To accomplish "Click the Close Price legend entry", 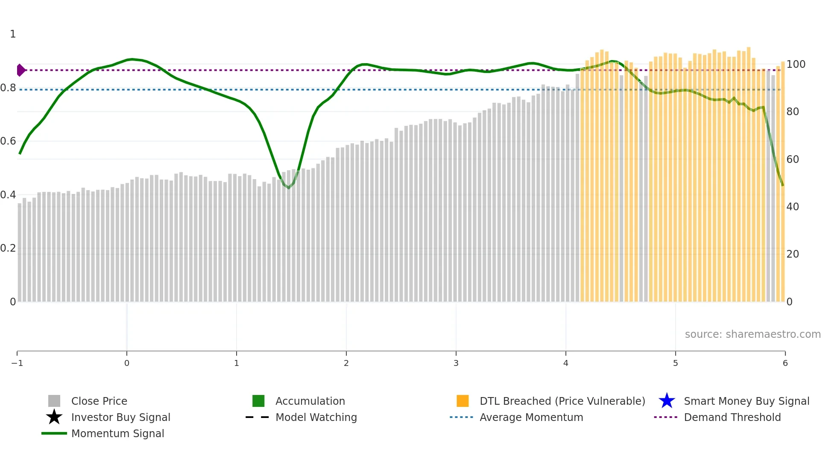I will pyautogui.click(x=99, y=401).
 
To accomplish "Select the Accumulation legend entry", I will pyautogui.click(x=310, y=401).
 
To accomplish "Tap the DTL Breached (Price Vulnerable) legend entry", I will pyautogui.click(x=562, y=401).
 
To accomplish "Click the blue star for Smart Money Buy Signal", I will pyautogui.click(x=667, y=401).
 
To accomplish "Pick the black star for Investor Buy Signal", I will pyautogui.click(x=54, y=417).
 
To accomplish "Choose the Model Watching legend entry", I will pyautogui.click(x=316, y=417).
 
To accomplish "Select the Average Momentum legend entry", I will pyautogui.click(x=531, y=417).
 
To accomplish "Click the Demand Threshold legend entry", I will pyautogui.click(x=732, y=417).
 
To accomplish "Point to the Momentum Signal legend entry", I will pyautogui.click(x=117, y=433).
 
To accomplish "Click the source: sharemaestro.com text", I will pyautogui.click(x=752, y=334).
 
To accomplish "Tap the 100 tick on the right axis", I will pyautogui.click(x=796, y=64).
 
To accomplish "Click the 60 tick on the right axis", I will pyautogui.click(x=793, y=160).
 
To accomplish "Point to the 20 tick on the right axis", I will pyautogui.click(x=793, y=254).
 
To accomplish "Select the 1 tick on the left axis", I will pyautogui.click(x=13, y=34).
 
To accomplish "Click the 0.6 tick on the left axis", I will pyautogui.click(x=9, y=141).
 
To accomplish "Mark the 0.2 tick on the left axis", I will pyautogui.click(x=9, y=248).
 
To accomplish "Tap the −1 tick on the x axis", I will pyautogui.click(x=17, y=363).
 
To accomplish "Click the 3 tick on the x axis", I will pyautogui.click(x=456, y=363).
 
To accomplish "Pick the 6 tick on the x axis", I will pyautogui.click(x=785, y=363).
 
